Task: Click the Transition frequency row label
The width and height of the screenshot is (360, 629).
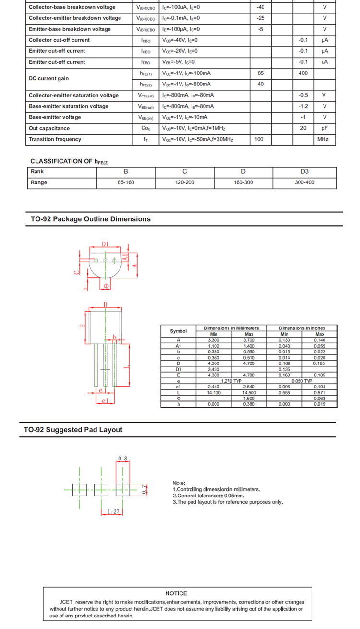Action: coord(55,139)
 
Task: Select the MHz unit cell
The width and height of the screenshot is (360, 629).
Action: coord(323,139)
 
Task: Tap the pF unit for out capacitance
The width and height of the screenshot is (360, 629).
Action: coord(324,128)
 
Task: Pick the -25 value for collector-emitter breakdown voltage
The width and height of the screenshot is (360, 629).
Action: coord(261,18)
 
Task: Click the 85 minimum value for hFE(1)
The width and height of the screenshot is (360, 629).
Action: coord(261,73)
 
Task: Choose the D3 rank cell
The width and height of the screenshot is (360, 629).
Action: coord(304,171)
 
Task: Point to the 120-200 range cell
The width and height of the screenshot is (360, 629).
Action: coord(184,182)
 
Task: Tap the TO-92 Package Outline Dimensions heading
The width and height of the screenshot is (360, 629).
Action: coord(90,219)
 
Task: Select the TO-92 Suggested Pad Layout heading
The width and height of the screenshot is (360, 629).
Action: coord(73,430)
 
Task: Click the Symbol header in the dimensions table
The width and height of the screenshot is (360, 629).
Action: coord(178,331)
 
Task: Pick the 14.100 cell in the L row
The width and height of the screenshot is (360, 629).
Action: coord(214,393)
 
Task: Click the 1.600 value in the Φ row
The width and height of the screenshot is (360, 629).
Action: coord(249,399)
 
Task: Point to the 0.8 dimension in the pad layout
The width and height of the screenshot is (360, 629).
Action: coord(122,459)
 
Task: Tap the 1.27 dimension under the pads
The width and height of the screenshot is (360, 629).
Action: coord(113,512)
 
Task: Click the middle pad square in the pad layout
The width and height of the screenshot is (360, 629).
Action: coord(101,490)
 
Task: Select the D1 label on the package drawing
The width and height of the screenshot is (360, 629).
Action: coord(105,244)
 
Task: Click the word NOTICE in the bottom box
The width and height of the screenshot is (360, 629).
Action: coord(176,593)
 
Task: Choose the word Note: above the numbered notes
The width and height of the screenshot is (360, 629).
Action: coord(179,483)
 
